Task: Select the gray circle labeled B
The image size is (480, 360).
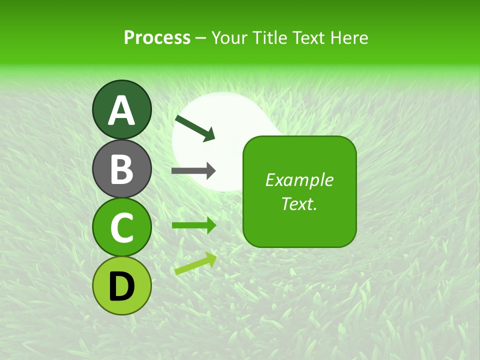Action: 121,168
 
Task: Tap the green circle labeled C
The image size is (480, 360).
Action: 121,227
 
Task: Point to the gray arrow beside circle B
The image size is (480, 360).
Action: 193,171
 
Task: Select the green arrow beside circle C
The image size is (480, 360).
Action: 193,225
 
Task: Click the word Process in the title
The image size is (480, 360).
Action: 157,37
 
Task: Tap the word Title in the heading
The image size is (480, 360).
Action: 270,37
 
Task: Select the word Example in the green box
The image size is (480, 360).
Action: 299,180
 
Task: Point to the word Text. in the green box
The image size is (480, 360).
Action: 299,203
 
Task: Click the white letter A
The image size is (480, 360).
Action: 121,110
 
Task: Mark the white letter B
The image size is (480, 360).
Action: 121,169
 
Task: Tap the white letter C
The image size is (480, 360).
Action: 121,228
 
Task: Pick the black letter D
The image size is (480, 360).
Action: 121,286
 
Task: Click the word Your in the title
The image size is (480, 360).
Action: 229,37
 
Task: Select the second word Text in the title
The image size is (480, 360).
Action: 308,37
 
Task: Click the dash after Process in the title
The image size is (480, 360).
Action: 200,38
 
